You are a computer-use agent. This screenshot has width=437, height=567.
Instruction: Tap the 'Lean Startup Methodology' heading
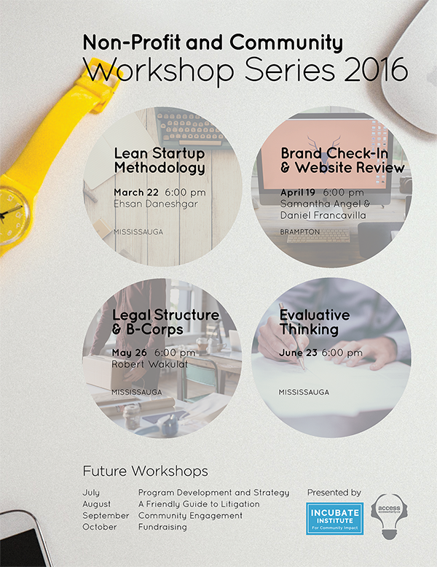pos(160,161)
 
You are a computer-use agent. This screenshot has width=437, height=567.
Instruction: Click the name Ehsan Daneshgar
pos(155,204)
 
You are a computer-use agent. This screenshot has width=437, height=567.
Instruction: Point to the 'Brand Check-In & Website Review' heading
pos(342,161)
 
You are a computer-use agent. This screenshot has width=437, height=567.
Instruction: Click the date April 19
pos(297,192)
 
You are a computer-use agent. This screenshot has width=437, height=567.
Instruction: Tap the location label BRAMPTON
pos(300,231)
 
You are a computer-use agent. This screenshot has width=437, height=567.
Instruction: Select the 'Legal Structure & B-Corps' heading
pos(165,322)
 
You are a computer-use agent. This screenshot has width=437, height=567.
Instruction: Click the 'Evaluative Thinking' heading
pos(315,322)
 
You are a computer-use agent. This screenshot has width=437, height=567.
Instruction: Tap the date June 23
pos(298,352)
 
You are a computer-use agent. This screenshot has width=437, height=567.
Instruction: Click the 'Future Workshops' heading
pos(145,471)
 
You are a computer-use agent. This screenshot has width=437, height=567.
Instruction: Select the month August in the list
pos(97,504)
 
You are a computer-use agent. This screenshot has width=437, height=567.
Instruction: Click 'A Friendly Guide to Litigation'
pos(198,504)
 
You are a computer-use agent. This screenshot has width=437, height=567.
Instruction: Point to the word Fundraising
pos(162,526)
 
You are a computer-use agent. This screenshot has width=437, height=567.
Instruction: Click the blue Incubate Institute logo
pos(334,518)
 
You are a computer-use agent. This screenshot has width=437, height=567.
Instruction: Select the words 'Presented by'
pos(334,493)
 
